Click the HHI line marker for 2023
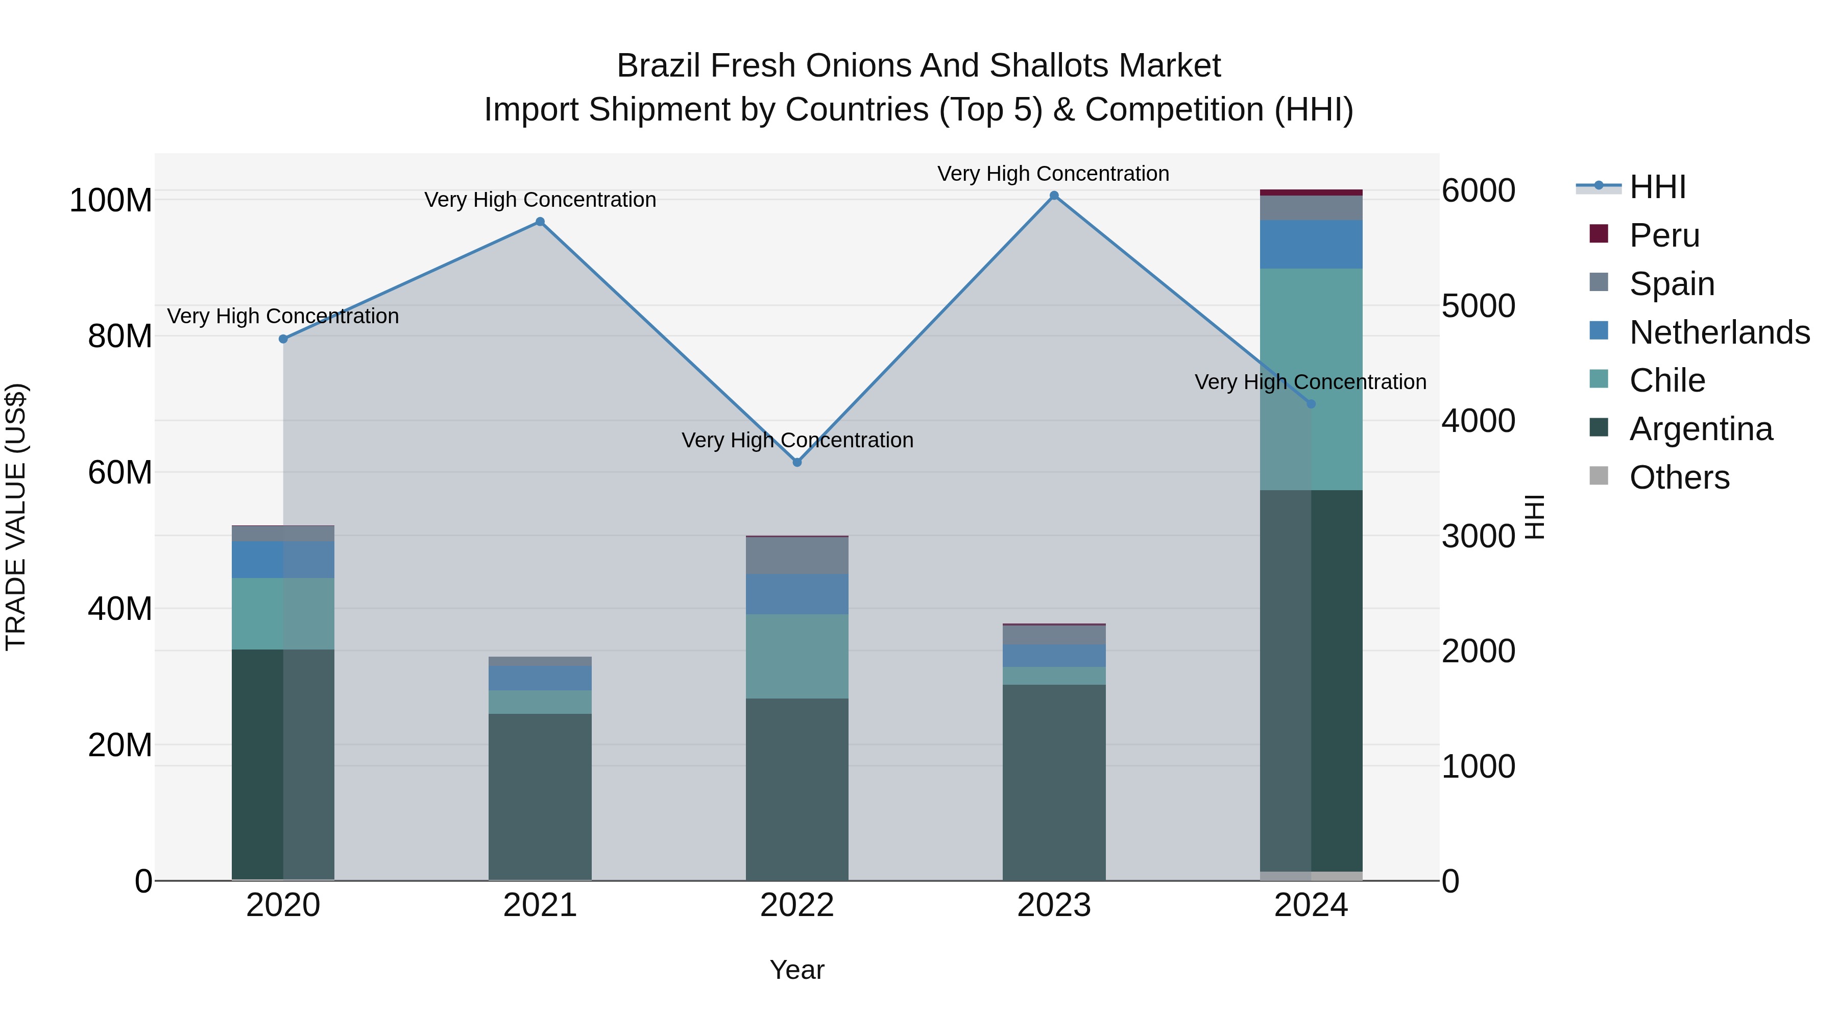[1054, 196]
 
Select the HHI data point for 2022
[797, 463]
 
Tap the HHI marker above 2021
[540, 222]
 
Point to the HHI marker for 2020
[283, 339]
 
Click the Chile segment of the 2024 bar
[1311, 379]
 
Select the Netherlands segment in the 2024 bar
[1311, 244]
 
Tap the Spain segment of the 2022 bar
[797, 555]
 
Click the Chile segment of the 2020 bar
[283, 614]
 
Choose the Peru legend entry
[1664, 235]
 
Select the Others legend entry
[1679, 477]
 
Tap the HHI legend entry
[1657, 187]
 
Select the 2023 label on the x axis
[1054, 905]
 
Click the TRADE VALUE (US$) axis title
[16, 517]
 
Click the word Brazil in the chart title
[657, 66]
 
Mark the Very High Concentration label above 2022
[797, 440]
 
